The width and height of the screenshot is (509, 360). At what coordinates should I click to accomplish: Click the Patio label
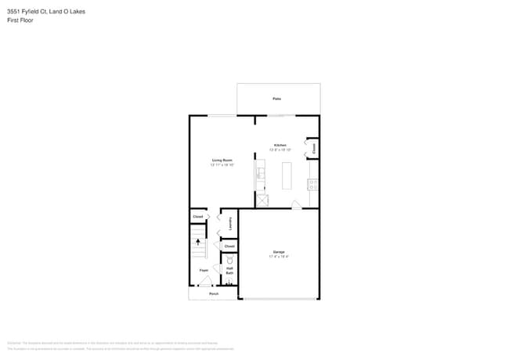[x=277, y=99]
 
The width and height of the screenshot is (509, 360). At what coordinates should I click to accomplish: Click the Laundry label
[x=230, y=224]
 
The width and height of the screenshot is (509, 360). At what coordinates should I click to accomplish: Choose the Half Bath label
[x=230, y=271]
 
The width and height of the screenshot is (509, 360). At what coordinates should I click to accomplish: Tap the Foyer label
[x=204, y=270]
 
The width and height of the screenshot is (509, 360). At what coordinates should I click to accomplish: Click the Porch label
[x=213, y=293]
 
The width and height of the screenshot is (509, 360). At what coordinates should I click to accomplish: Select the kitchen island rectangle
[x=287, y=175]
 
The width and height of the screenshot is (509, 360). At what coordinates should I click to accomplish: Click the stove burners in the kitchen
[x=312, y=185]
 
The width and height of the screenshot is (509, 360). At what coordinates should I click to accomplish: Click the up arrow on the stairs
[x=198, y=243]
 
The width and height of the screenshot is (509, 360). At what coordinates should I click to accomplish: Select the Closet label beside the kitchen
[x=313, y=147]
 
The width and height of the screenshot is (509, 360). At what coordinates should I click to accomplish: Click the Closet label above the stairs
[x=198, y=217]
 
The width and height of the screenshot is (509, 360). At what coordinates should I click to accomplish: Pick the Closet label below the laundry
[x=229, y=247]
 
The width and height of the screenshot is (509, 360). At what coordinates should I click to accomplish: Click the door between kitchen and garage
[x=295, y=205]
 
